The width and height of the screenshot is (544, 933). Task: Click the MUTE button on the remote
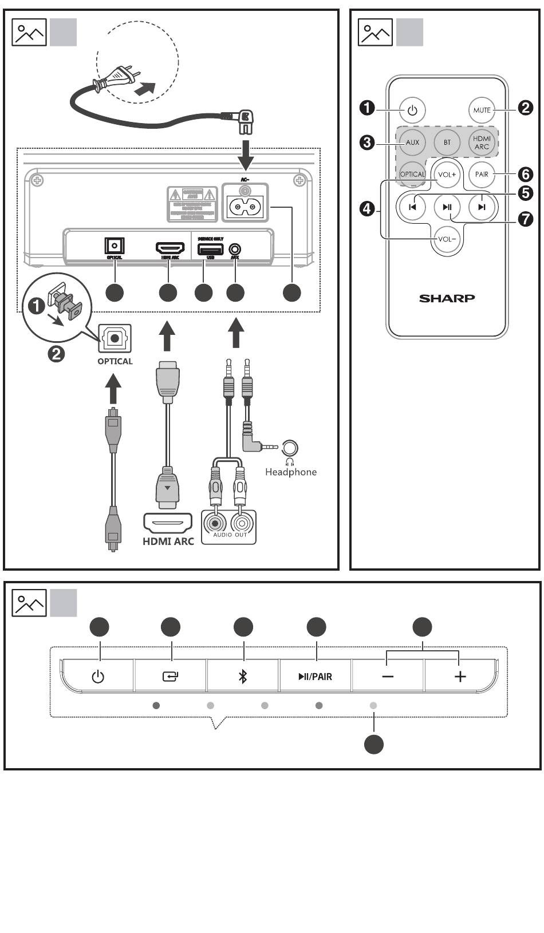point(482,109)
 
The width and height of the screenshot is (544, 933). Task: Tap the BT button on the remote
point(447,143)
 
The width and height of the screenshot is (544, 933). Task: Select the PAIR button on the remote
point(482,174)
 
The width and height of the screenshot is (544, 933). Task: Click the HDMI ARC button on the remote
point(482,143)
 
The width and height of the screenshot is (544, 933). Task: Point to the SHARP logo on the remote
point(447,298)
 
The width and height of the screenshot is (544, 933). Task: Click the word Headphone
point(290,472)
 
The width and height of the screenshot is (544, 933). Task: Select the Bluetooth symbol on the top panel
point(243,677)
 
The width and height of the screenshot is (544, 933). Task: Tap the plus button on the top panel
point(460,677)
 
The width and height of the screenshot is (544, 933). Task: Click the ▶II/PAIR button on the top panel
point(315,677)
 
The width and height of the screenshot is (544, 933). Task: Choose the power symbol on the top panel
point(98,677)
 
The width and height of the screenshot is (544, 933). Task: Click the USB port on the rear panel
point(210,249)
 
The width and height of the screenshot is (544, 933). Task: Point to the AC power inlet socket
point(245,205)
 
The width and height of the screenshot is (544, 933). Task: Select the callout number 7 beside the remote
point(525,219)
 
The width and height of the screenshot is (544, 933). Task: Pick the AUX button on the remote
point(412,143)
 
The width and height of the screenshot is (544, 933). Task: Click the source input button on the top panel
point(170,677)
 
